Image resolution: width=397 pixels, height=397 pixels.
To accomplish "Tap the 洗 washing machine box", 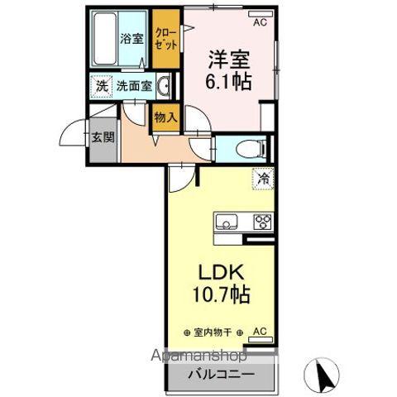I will click(101, 84).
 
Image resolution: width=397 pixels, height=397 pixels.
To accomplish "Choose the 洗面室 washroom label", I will click(132, 84).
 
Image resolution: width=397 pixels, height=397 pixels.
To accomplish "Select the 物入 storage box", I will click(165, 117).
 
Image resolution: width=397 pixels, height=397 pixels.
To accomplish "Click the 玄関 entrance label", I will click(102, 137).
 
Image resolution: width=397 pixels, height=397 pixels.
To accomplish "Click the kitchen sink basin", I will click(226, 222).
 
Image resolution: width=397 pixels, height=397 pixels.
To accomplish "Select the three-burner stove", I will click(263, 222).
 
